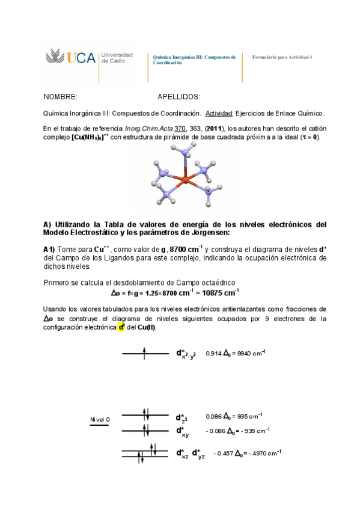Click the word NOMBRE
pyautogui.click(x=61, y=97)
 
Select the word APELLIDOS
pyautogui.click(x=178, y=97)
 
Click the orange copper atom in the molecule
pyautogui.click(x=185, y=180)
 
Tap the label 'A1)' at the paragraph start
pyautogui.click(x=49, y=249)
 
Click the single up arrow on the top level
pyautogui.click(x=144, y=354)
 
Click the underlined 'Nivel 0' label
pyautogui.click(x=100, y=419)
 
